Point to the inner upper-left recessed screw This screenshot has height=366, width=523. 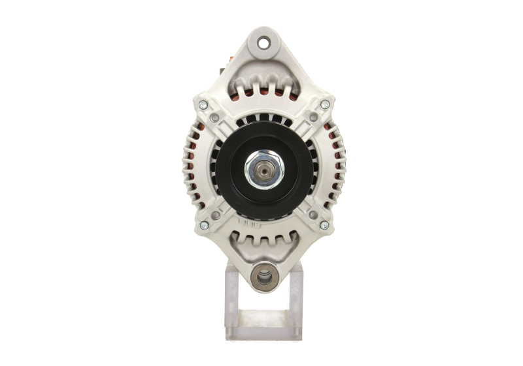pos(214,118)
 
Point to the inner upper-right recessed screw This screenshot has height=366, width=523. pos(313,118)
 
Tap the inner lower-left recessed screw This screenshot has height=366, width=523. pos(214,211)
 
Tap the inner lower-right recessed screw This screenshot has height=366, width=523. pos(313,211)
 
